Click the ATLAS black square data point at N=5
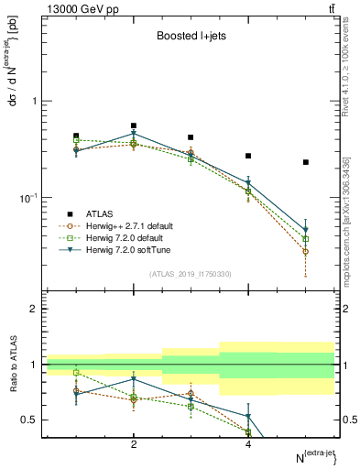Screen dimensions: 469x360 (306, 162)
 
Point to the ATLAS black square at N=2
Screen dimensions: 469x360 (134, 125)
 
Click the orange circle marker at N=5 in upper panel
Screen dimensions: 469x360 (306, 251)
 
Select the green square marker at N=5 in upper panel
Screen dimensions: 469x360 (306, 239)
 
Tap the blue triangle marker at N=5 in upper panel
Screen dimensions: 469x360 (306, 230)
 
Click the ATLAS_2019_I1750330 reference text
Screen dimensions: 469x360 (191, 272)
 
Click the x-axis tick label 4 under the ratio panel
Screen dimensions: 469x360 (248, 444)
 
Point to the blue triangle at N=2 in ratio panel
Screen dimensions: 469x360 (134, 378)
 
